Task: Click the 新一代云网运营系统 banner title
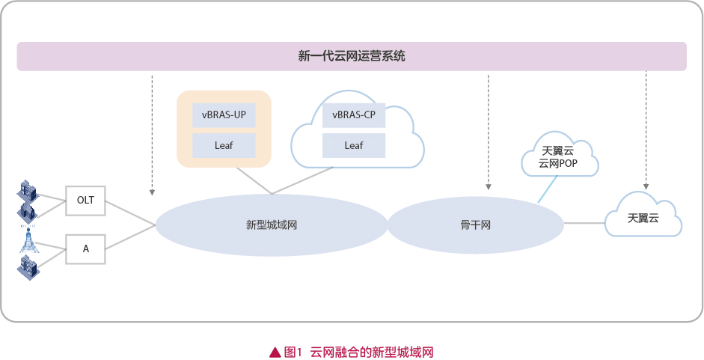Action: [352, 56]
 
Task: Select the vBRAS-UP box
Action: [224, 115]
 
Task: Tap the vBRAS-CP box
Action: [354, 115]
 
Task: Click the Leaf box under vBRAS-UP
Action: [224, 145]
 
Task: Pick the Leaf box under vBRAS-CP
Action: [354, 145]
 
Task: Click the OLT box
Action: [85, 201]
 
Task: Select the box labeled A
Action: [85, 248]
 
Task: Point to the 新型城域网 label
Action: [272, 225]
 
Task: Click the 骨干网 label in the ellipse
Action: [476, 225]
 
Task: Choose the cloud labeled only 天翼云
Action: [643, 215]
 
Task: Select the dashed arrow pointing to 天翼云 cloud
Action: [646, 130]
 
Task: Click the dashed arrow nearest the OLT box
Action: [152, 135]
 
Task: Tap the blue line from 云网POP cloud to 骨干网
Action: [548, 189]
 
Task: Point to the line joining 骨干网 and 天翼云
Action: [584, 223]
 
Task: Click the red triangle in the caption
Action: [275, 353]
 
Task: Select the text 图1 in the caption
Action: [293, 353]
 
